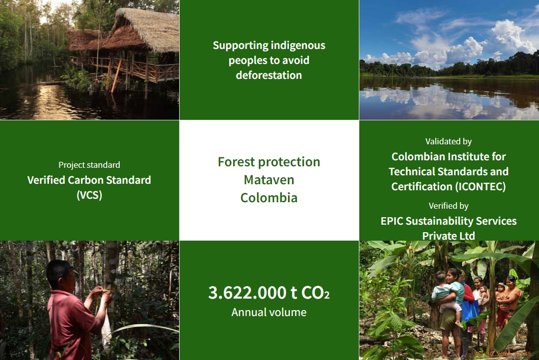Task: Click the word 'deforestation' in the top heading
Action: click(269, 75)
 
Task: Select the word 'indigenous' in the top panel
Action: click(297, 46)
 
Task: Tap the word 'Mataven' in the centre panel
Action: click(269, 180)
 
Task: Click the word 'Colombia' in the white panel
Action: click(269, 198)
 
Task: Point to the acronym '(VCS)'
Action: click(89, 195)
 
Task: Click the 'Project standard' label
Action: click(89, 165)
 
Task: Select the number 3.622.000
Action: click(247, 293)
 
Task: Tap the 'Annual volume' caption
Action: click(269, 312)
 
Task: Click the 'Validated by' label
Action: click(449, 142)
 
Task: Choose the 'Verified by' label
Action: click(449, 206)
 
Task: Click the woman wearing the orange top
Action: click(508, 303)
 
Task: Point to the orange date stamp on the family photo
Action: click(503, 354)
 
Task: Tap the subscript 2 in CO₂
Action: click(326, 295)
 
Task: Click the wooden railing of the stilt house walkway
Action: click(138, 69)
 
